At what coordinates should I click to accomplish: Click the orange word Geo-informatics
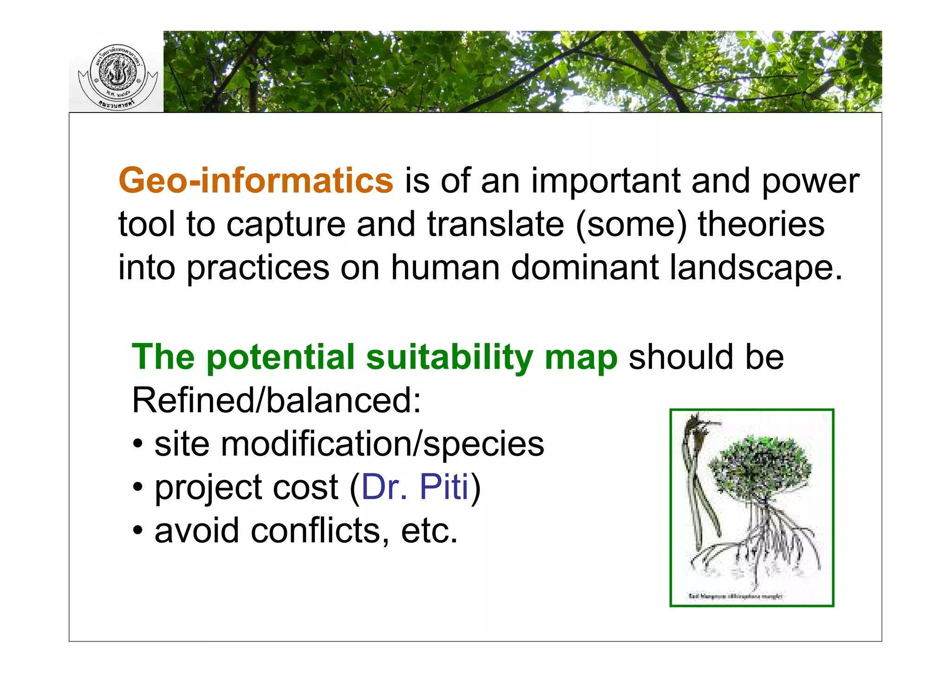pyautogui.click(x=256, y=180)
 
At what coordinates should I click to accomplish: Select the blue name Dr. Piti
pyautogui.click(x=415, y=487)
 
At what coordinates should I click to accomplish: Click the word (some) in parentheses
pyautogui.click(x=631, y=224)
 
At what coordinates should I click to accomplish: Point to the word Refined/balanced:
pyautogui.click(x=276, y=400)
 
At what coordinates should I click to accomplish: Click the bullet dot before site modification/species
pyautogui.click(x=138, y=444)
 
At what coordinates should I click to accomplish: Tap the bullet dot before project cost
pyautogui.click(x=138, y=488)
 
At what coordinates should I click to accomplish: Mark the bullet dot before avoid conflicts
pyautogui.click(x=138, y=531)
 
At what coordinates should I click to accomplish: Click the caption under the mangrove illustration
pyautogui.click(x=736, y=596)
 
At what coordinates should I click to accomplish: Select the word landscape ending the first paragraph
pyautogui.click(x=756, y=268)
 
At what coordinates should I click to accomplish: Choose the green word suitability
pyautogui.click(x=449, y=357)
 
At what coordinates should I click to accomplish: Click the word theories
pyautogui.click(x=761, y=224)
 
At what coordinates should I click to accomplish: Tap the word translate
pyautogui.click(x=495, y=224)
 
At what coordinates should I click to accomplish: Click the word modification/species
pyautogui.click(x=382, y=444)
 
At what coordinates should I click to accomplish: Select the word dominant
pyautogui.click(x=585, y=268)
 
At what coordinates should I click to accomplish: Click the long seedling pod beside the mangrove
pyautogui.click(x=697, y=483)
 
